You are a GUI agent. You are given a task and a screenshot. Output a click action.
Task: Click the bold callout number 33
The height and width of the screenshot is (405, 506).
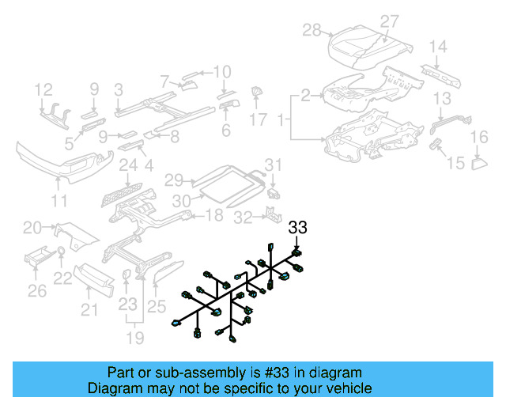296,229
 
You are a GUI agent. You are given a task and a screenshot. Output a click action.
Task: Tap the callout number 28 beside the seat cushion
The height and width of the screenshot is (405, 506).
312,30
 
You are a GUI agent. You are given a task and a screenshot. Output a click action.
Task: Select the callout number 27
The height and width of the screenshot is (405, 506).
389,21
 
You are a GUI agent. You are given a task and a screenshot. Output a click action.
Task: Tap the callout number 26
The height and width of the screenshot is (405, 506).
37,292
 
